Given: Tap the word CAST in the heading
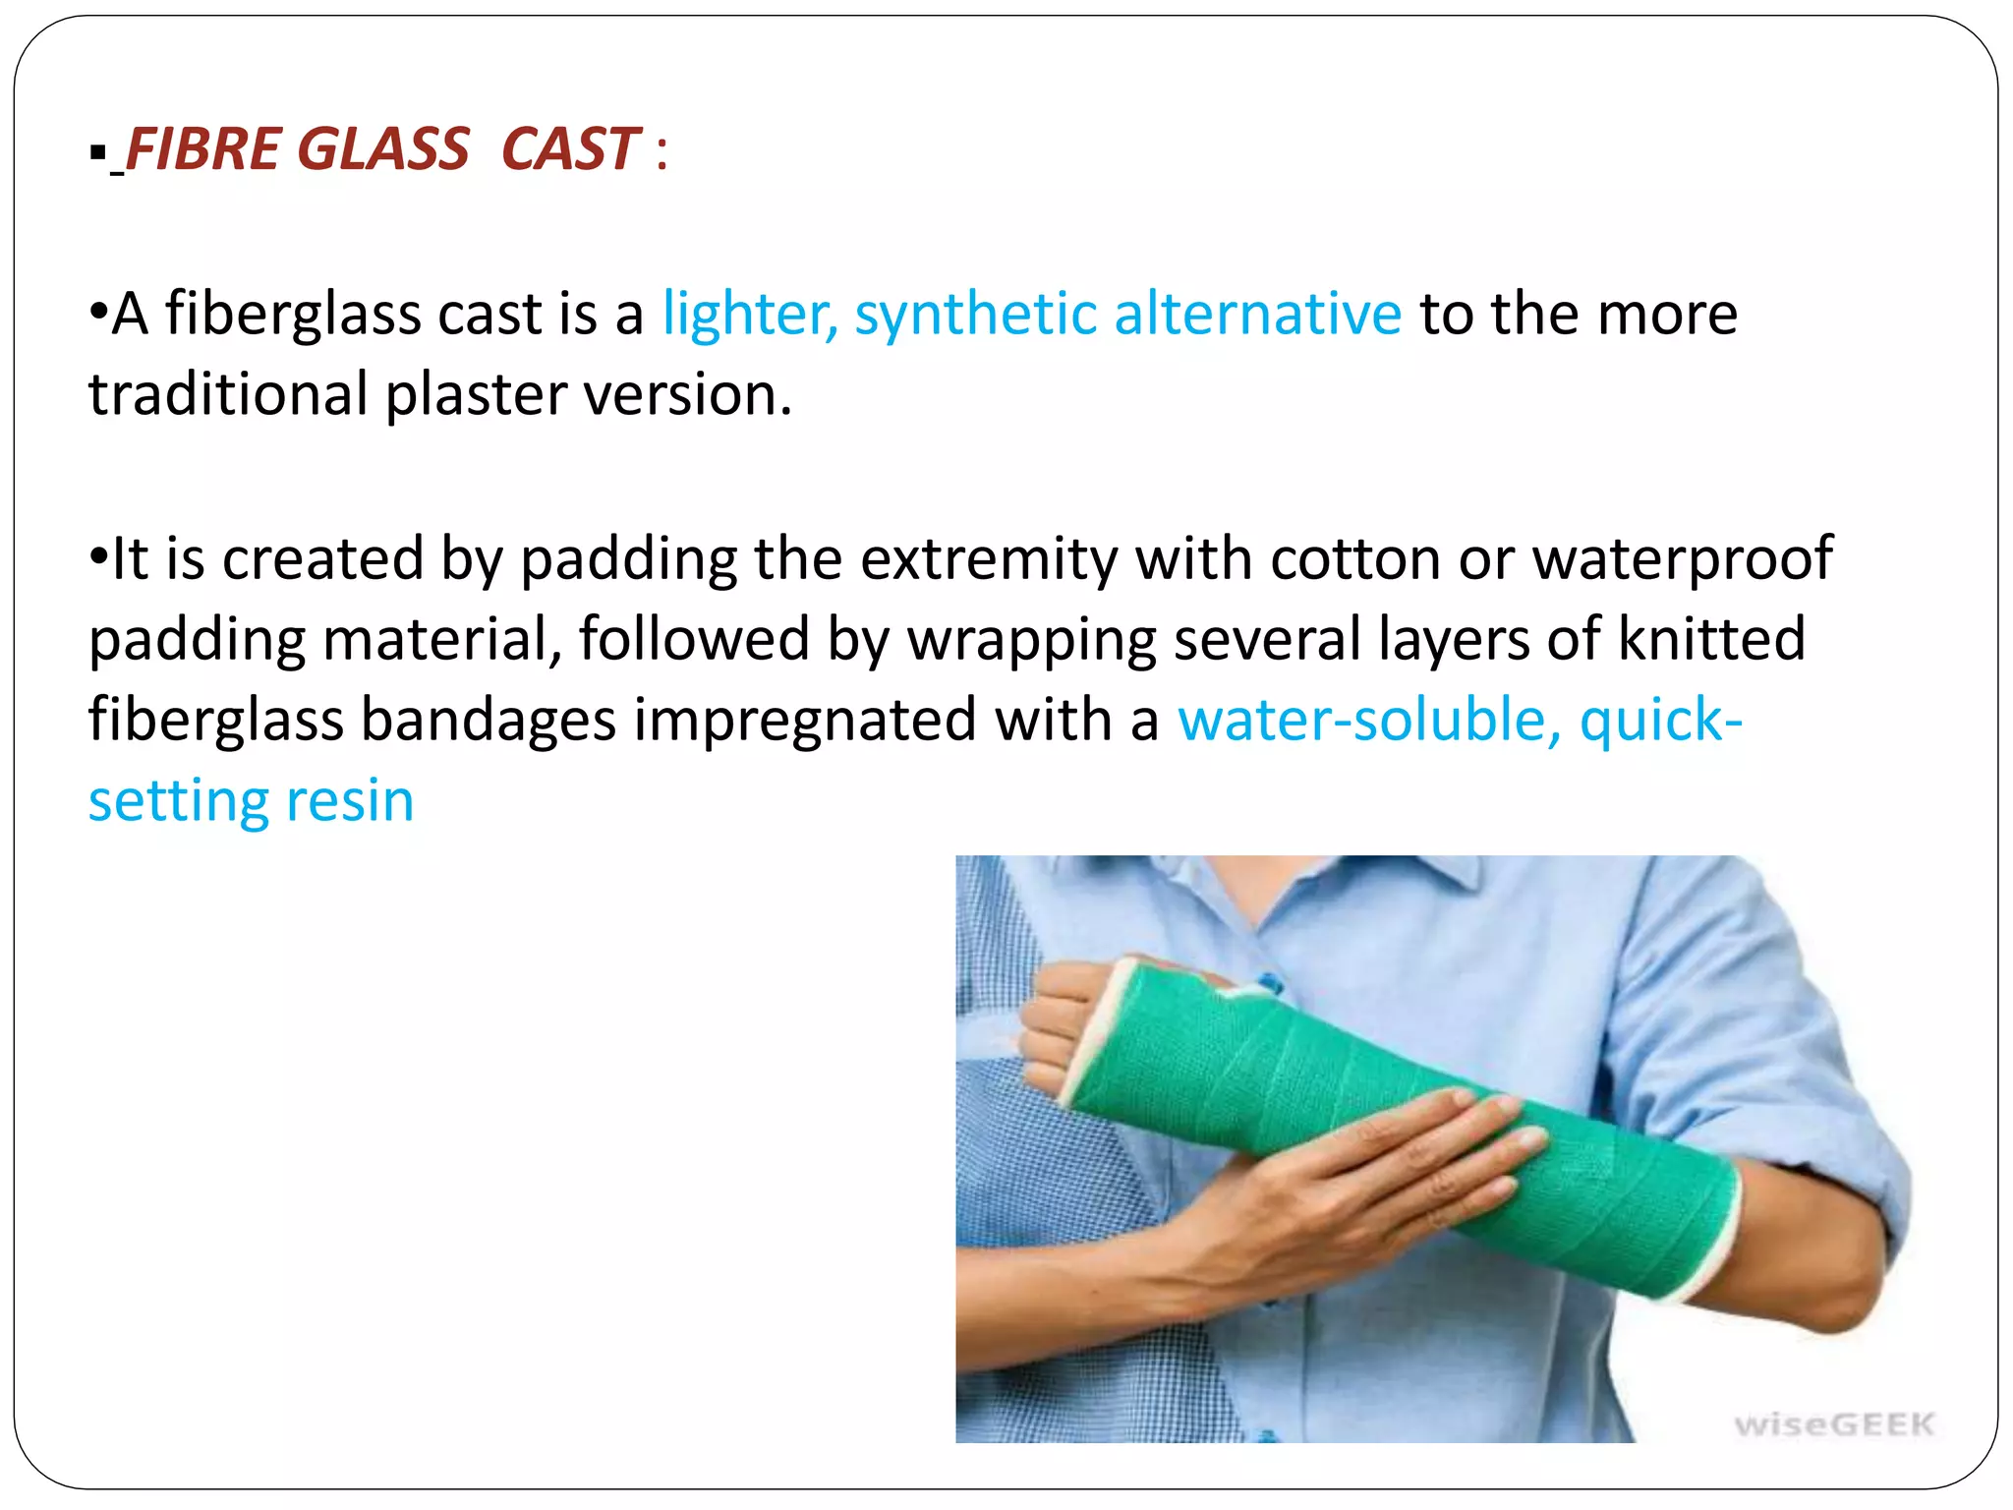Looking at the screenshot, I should point(570,149).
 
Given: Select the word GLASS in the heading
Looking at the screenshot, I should point(383,149).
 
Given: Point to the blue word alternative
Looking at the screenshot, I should point(1257,315).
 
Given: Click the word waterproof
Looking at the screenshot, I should point(1683,559).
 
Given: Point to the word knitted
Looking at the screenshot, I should point(1711,639).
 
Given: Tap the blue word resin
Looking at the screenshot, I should point(350,801).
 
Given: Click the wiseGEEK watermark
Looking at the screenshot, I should point(1834,1424).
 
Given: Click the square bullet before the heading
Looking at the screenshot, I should point(96,152).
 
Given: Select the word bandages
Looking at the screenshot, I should point(489,721).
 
